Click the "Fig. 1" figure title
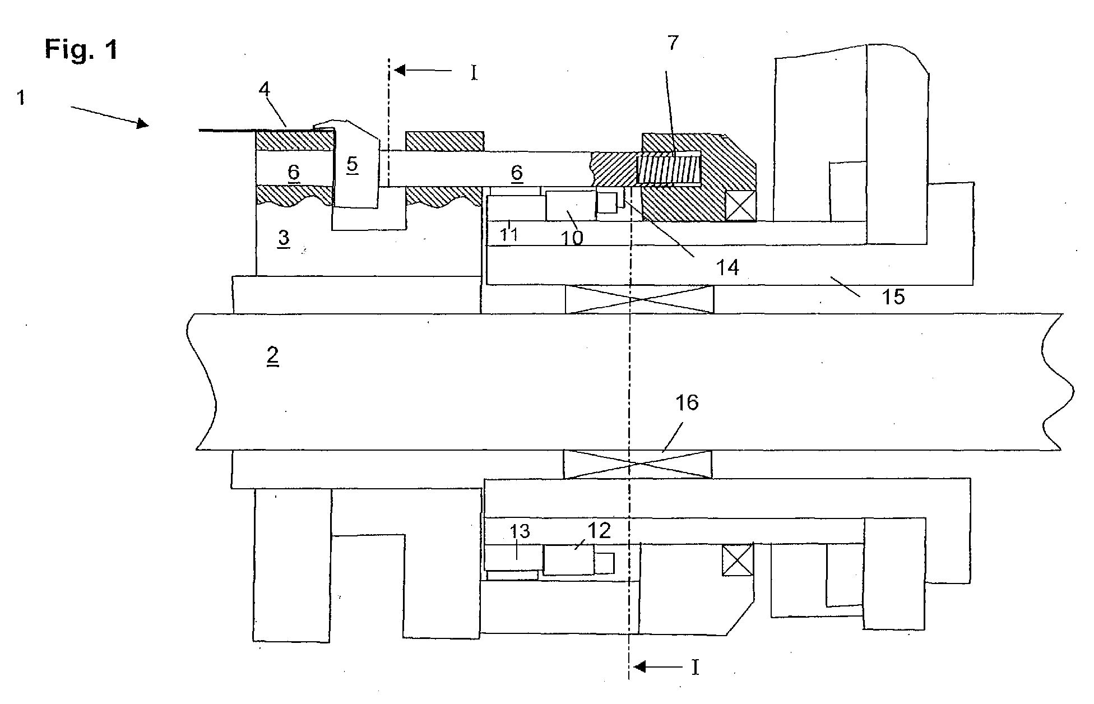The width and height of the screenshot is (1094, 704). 82,50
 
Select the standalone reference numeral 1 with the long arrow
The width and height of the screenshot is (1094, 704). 21,98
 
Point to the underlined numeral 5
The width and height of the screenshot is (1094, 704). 352,165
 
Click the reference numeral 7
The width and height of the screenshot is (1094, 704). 673,43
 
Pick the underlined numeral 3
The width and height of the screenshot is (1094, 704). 284,238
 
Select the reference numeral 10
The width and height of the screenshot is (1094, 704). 573,237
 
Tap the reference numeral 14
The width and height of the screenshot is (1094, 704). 727,267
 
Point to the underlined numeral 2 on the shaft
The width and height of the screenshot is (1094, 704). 272,356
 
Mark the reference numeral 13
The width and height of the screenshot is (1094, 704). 520,531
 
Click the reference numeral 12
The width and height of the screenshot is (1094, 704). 599,530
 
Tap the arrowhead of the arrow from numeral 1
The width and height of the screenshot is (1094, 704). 143,123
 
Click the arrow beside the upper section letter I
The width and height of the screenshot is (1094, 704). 423,71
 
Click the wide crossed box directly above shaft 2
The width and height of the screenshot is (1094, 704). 639,299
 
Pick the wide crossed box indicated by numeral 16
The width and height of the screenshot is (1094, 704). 637,464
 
